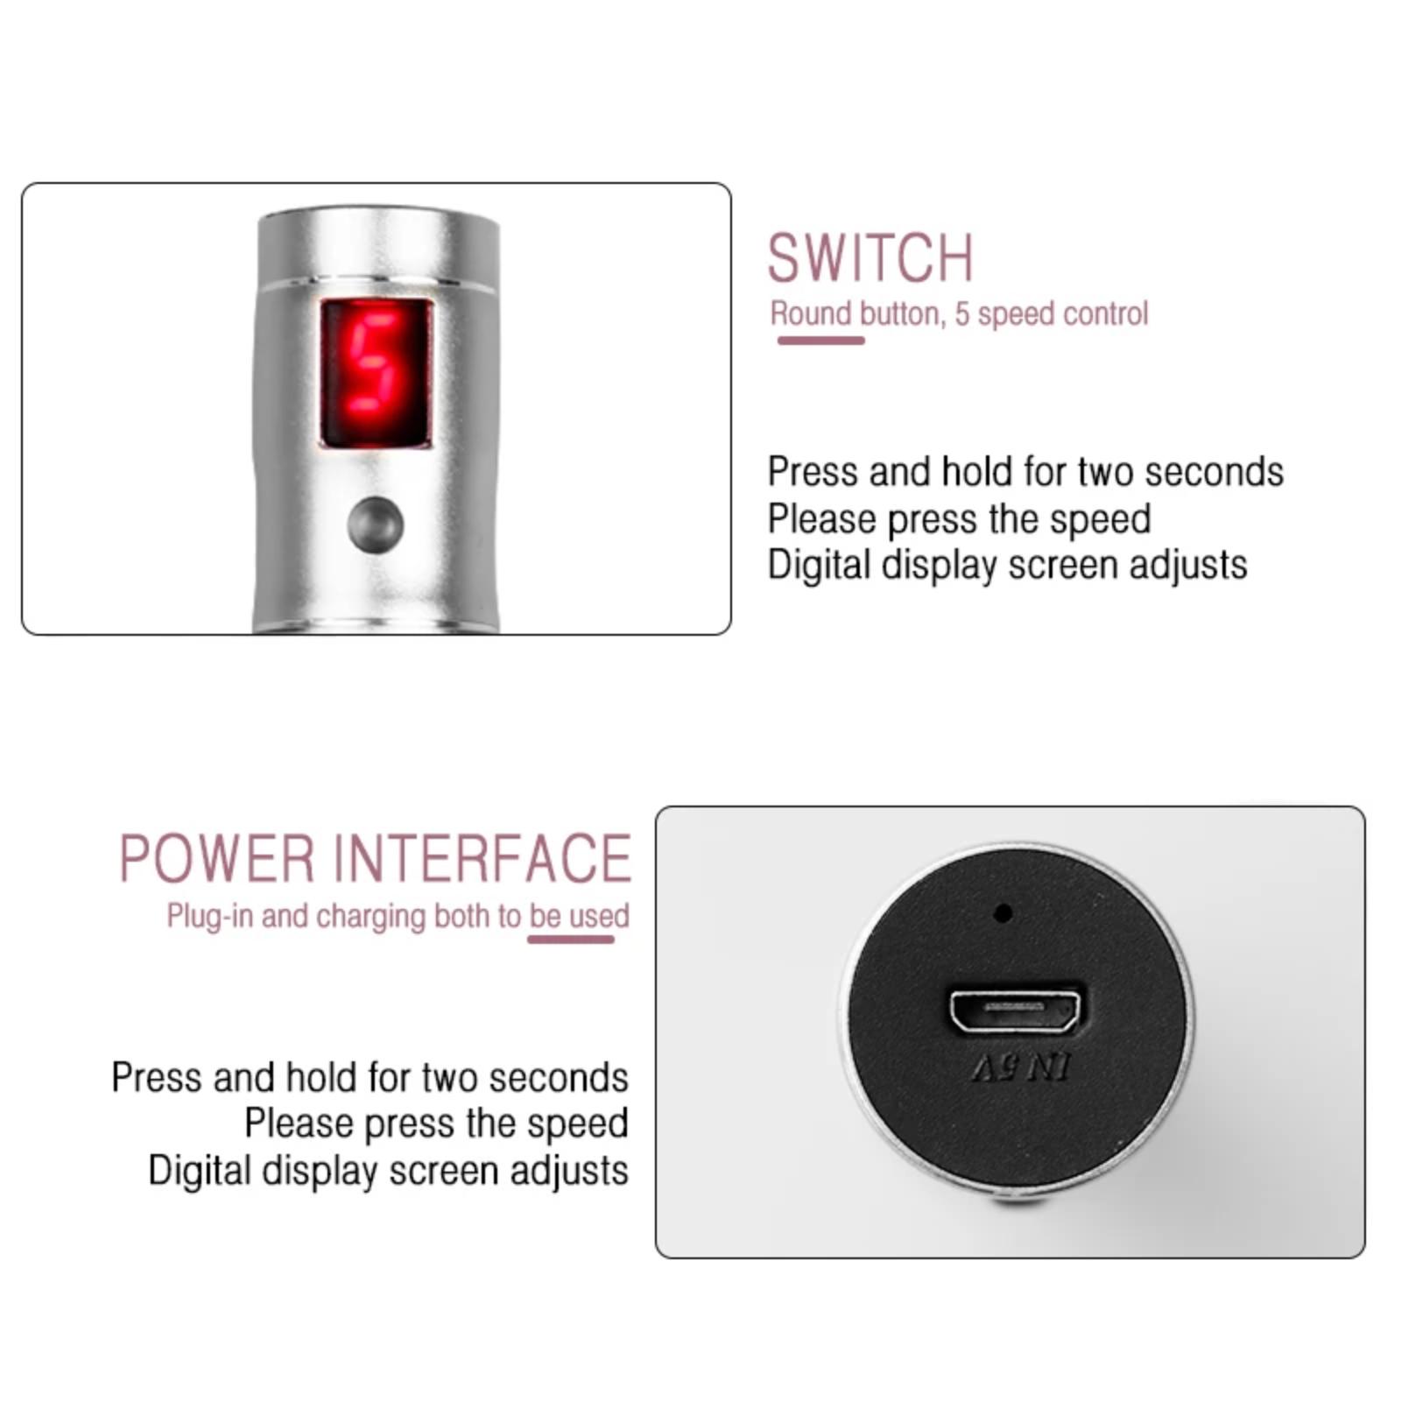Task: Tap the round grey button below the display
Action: coord(375,525)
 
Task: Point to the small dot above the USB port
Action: coord(1003,913)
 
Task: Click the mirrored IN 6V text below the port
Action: coord(1020,1067)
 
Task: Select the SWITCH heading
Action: coord(870,257)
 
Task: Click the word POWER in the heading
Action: coord(216,858)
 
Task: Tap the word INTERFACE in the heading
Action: coord(482,858)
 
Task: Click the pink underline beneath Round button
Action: coord(820,341)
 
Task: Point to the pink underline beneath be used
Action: coord(571,940)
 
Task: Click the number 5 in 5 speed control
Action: coord(961,313)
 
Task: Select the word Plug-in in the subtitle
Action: coord(210,917)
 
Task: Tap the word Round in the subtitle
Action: coord(811,313)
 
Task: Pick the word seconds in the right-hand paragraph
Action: coord(1214,472)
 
